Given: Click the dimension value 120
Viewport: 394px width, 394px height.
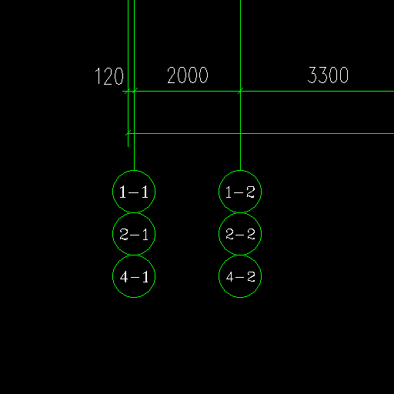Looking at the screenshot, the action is point(109,76).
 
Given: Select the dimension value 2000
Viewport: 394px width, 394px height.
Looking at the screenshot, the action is point(188,75).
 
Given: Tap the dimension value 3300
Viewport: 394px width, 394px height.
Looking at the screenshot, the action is point(328,75).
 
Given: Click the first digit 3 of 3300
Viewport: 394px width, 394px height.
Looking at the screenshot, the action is point(312,75).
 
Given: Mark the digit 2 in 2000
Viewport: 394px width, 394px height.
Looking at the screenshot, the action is point(172,75).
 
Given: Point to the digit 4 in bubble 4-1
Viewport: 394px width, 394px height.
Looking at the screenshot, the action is point(124,277).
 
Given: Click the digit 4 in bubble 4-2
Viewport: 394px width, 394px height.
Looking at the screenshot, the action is point(230,277).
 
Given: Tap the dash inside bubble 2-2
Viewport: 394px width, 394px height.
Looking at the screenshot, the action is point(240,235).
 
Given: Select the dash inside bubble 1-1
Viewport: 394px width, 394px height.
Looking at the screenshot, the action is point(134,192).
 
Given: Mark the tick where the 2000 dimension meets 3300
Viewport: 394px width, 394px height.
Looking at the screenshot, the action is point(240,91).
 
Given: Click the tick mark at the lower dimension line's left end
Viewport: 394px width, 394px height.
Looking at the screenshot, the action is point(129,133).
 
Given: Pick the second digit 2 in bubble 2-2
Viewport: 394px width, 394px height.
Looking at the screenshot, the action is point(251,234).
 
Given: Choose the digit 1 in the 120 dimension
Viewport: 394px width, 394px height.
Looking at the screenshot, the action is point(98,76).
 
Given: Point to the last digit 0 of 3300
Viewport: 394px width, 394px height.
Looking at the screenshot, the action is point(344,75).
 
